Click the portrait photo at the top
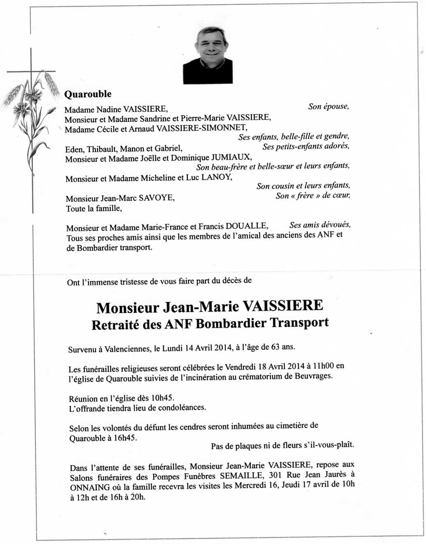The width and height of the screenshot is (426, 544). (208, 55)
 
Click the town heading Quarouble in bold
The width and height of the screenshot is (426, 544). (88, 94)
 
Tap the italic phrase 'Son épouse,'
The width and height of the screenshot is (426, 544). (328, 106)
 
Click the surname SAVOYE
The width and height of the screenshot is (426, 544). (156, 198)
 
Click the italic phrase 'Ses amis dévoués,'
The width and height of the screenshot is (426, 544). (320, 225)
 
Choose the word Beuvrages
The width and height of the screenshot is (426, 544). (313, 376)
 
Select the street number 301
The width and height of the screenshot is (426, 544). (275, 475)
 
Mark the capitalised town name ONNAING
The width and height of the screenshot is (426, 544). (90, 487)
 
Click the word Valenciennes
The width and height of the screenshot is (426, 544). (127, 349)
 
